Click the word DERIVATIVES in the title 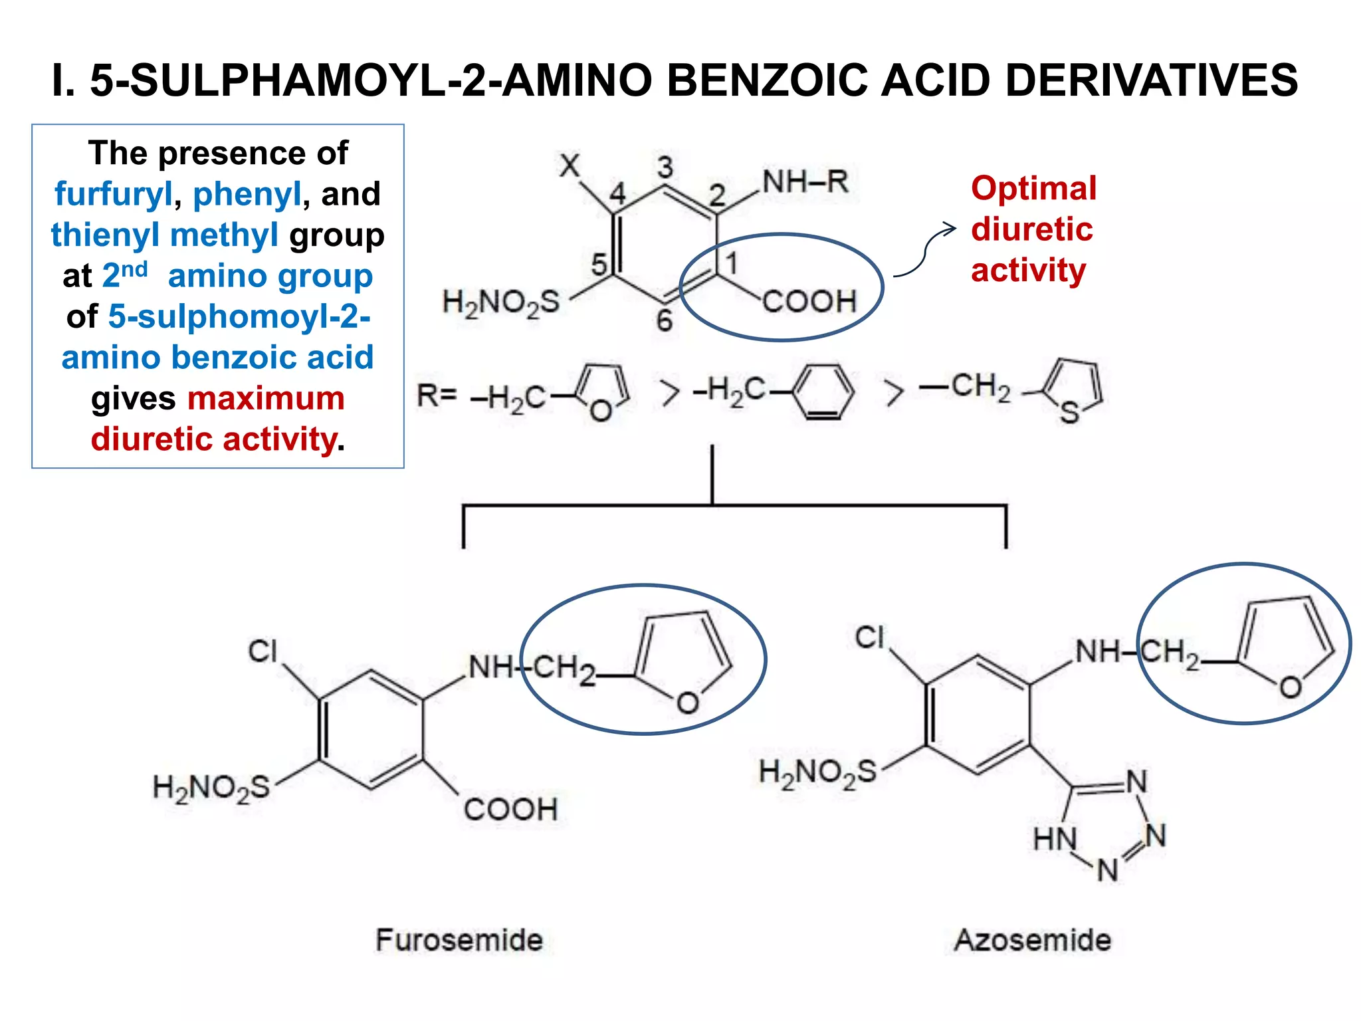[x=1152, y=80]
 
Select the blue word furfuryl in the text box [x=114, y=195]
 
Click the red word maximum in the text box [x=266, y=399]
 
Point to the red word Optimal [x=1033, y=189]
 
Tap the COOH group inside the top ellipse [x=809, y=302]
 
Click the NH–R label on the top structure [x=805, y=181]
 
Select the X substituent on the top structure [x=570, y=165]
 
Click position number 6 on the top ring [x=664, y=321]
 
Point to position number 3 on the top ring [x=665, y=167]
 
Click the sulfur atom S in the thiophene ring [x=1069, y=413]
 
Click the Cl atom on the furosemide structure [x=262, y=651]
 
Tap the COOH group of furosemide [x=510, y=810]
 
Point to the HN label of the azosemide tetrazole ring [x=1055, y=839]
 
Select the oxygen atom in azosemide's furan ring [x=1291, y=687]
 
